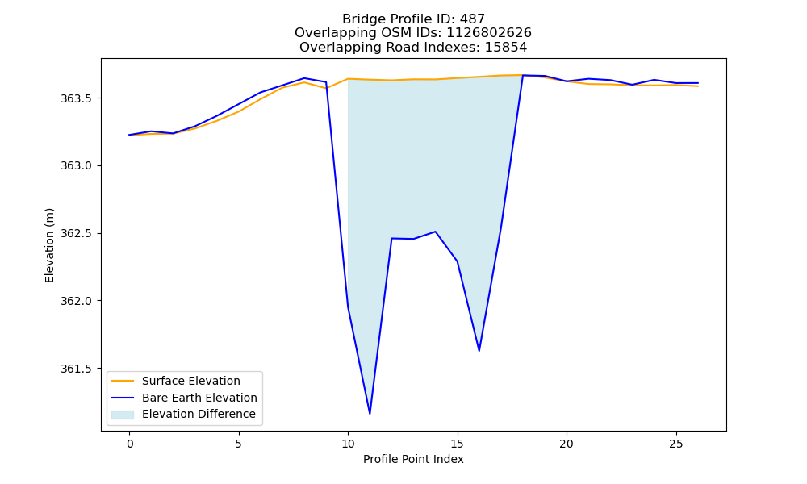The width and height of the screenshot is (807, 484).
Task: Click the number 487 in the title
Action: click(x=472, y=19)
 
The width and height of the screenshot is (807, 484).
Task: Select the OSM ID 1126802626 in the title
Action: click(x=489, y=33)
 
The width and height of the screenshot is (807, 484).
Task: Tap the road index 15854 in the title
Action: click(x=506, y=48)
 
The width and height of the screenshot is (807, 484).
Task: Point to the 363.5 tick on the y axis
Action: click(x=76, y=98)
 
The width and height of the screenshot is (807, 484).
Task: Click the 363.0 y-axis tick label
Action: click(x=76, y=165)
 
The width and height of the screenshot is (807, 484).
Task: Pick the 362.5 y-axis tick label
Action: click(x=76, y=233)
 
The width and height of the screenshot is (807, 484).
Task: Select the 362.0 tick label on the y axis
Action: click(x=76, y=301)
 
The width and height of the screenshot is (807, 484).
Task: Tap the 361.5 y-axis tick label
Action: click(x=76, y=369)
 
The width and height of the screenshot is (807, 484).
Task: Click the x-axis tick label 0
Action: click(x=130, y=444)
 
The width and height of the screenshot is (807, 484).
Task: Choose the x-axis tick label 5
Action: click(x=239, y=444)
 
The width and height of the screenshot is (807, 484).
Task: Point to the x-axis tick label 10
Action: click(x=348, y=444)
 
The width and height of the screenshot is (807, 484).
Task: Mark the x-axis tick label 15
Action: click(x=457, y=444)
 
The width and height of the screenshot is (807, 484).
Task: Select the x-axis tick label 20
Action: click(x=567, y=444)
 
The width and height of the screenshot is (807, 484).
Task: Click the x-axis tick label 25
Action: click(x=675, y=444)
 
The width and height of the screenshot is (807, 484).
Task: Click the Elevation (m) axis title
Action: click(x=49, y=245)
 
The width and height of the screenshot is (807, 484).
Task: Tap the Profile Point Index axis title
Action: click(x=413, y=459)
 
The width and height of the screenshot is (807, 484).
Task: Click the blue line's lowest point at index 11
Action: click(x=370, y=414)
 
